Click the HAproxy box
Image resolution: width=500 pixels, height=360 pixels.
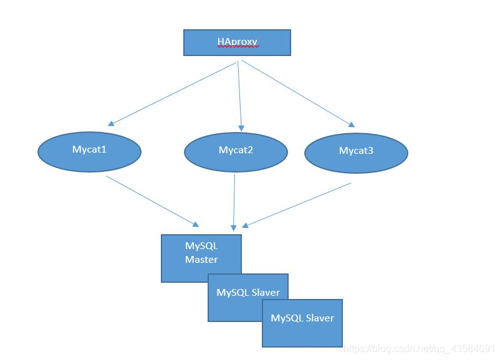coord(237,43)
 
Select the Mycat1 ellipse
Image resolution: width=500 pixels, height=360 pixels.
coord(89,152)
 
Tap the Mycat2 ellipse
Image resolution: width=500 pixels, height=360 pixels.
coord(236,152)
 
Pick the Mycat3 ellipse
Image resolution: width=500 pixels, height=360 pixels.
coord(356,153)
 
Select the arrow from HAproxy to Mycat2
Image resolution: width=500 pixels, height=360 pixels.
coord(239,96)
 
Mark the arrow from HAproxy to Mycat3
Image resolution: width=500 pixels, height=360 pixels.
coord(298,93)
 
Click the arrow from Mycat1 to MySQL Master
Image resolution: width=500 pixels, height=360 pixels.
coord(153,201)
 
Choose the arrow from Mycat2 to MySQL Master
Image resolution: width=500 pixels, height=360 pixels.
coord(234,202)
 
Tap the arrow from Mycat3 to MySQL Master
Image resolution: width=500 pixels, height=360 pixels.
coord(297,205)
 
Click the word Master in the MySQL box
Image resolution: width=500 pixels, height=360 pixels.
coord(201,259)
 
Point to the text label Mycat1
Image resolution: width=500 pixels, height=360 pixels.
coord(89,149)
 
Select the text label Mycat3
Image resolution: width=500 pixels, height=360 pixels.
coord(356,151)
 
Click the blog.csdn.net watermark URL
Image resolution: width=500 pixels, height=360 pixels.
coord(419,349)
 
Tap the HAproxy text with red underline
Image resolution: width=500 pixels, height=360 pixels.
coord(238,42)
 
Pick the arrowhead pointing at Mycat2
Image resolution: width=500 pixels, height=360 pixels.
coord(241,128)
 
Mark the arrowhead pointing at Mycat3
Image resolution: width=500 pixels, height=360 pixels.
coord(352,125)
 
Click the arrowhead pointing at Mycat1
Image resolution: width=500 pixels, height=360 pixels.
coord(111,123)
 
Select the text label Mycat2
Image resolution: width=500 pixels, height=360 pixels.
coord(236,150)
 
